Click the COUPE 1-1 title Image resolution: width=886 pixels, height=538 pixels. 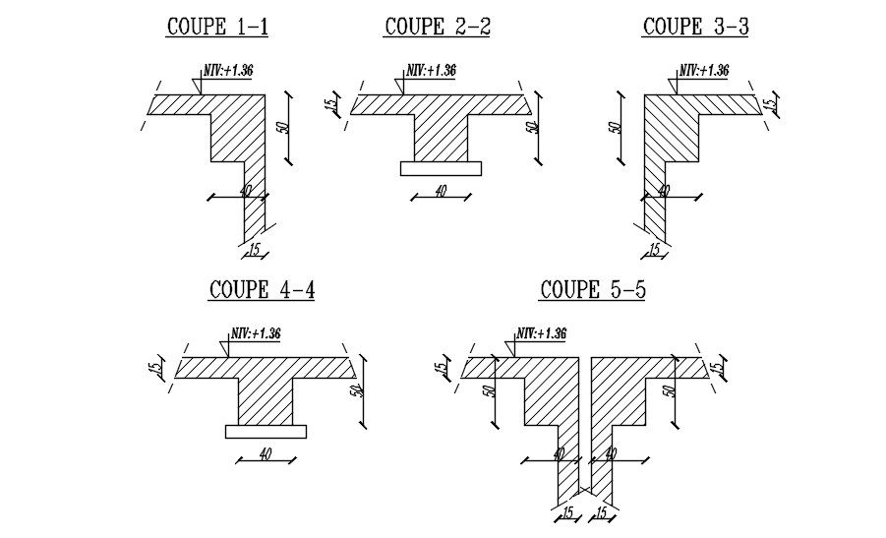[x=217, y=27]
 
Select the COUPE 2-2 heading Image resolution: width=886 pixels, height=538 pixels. [x=437, y=27]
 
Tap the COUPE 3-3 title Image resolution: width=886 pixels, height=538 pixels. [x=695, y=27]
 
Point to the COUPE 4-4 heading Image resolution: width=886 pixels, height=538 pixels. [x=262, y=290]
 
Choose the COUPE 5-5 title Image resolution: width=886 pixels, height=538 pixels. [x=592, y=290]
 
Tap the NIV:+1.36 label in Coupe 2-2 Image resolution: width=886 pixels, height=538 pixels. [x=432, y=71]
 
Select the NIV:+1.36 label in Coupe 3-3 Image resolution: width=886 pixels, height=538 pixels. [x=704, y=71]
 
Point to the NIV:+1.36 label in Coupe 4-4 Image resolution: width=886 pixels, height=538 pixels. [x=256, y=334]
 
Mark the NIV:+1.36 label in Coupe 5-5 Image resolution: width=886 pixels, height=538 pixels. [x=541, y=334]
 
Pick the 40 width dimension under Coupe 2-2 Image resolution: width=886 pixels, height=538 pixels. [x=440, y=191]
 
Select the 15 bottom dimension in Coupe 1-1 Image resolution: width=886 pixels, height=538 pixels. [x=255, y=250]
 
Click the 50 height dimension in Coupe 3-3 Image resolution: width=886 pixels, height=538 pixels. [x=616, y=128]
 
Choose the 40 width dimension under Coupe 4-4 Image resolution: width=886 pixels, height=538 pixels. [x=265, y=453]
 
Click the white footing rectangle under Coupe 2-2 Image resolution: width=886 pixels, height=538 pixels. [x=441, y=168]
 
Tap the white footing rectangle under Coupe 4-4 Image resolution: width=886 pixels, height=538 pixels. [x=266, y=431]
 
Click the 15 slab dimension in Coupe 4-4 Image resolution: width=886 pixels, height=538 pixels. [x=155, y=367]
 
